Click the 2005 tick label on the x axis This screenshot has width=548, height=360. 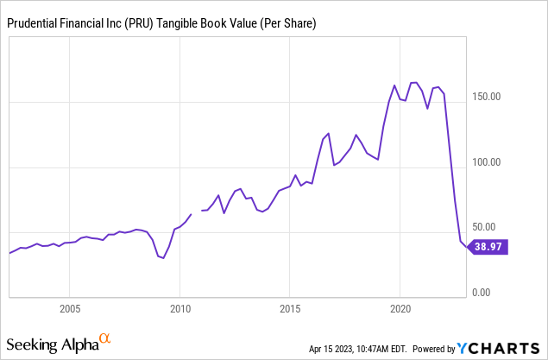(70, 308)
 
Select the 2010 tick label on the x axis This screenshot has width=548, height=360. (180, 308)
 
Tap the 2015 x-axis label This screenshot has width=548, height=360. (290, 308)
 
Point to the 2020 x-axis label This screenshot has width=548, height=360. (400, 308)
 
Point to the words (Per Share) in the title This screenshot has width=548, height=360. (289, 26)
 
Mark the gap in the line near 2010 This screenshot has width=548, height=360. (196, 212)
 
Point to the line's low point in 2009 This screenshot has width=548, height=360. (162, 258)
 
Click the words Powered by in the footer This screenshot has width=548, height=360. (435, 350)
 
